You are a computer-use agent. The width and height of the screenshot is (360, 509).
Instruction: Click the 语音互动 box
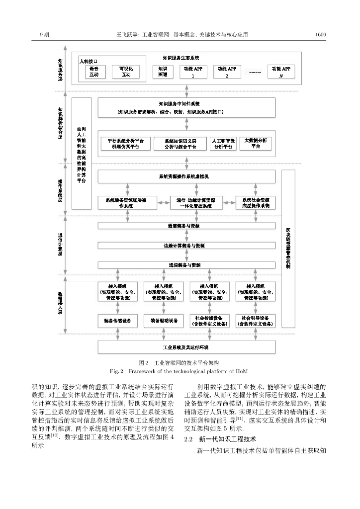click(x=94, y=71)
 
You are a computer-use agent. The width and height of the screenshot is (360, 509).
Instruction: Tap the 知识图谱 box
click(x=162, y=71)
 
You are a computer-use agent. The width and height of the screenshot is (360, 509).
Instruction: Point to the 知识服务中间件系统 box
click(x=186, y=107)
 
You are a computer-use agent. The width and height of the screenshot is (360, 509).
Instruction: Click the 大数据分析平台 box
click(x=256, y=143)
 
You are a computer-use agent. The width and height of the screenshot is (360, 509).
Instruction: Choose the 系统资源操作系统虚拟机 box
click(x=186, y=176)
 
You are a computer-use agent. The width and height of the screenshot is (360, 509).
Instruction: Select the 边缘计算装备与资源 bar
click(x=186, y=245)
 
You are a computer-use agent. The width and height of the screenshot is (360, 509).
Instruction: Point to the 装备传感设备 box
click(x=117, y=321)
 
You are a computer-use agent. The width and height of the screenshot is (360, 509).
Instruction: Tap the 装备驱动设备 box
click(x=164, y=321)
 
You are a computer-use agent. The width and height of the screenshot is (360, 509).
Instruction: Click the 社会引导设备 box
click(x=255, y=321)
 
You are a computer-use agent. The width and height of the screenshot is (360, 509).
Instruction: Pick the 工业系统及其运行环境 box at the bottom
click(x=186, y=346)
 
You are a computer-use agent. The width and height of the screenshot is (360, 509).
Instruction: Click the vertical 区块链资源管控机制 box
click(x=288, y=249)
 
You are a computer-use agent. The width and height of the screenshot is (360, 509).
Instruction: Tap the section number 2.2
click(x=188, y=439)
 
